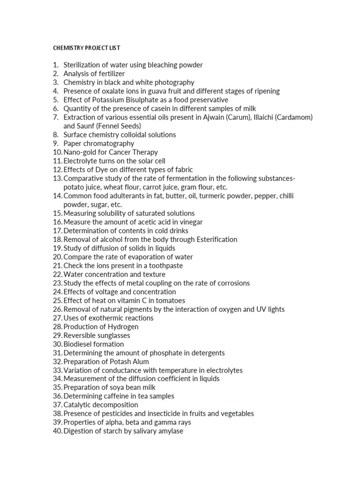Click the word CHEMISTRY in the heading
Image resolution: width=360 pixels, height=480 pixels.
click(x=66, y=48)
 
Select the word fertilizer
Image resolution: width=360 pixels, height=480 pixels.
click(x=109, y=74)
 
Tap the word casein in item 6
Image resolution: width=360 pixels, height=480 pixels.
click(x=161, y=109)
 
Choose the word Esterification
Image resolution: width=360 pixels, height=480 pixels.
click(x=213, y=240)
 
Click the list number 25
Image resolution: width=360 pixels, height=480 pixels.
click(x=57, y=300)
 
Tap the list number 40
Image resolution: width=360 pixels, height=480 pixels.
click(x=57, y=431)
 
